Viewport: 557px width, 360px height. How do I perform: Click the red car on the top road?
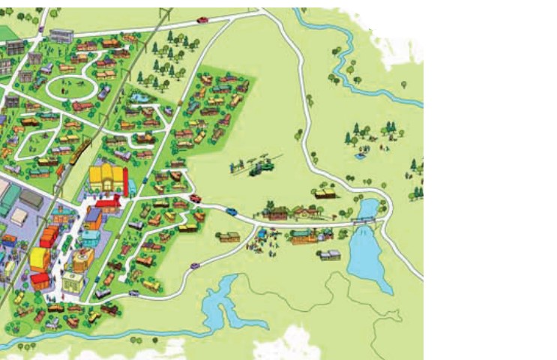pyautogui.click(x=202, y=19)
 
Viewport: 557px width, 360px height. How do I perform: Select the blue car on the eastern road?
pyautogui.click(x=232, y=211)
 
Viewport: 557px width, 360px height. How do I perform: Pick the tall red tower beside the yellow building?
pyautogui.click(x=125, y=182)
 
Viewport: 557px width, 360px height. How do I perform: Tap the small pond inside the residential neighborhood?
pyautogui.click(x=139, y=97)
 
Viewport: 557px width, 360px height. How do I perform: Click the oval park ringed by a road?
pyautogui.click(x=71, y=88)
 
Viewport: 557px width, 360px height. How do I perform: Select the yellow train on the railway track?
pyautogui.click(x=80, y=150)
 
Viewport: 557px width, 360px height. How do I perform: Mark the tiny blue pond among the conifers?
pyautogui.click(x=361, y=156)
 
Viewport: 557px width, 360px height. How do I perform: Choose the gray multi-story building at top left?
pyautogui.click(x=61, y=35)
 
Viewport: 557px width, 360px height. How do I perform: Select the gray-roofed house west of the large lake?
pyautogui.click(x=330, y=255)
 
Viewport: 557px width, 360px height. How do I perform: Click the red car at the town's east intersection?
pyautogui.click(x=196, y=199)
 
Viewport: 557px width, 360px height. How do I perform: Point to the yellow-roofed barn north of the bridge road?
pyautogui.click(x=325, y=193)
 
